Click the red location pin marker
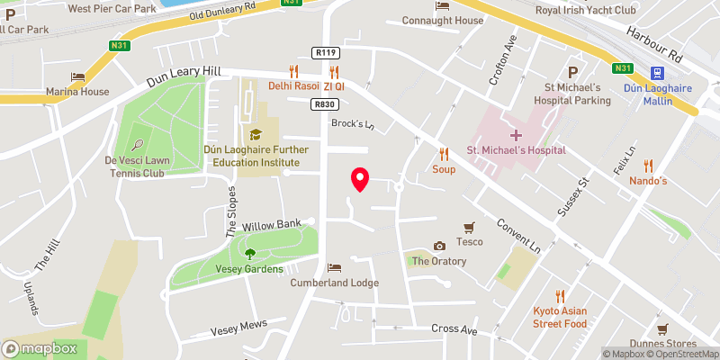pyautogui.click(x=360, y=179)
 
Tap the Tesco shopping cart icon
pyautogui.click(x=468, y=228)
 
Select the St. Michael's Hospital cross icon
pyautogui.click(x=516, y=135)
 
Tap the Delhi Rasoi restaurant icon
pyautogui.click(x=293, y=72)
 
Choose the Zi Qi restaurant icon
pyautogui.click(x=335, y=72)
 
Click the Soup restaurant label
pyautogui.click(x=444, y=168)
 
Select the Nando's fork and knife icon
pyautogui.click(x=647, y=166)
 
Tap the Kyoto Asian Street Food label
pyautogui.click(x=559, y=317)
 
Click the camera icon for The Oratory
pyautogui.click(x=439, y=247)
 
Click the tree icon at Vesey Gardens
pyautogui.click(x=250, y=254)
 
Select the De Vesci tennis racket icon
pyautogui.click(x=138, y=144)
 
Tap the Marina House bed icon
pyautogui.click(x=78, y=77)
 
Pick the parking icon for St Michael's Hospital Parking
pyautogui.click(x=570, y=73)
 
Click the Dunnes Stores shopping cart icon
pyautogui.click(x=663, y=329)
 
